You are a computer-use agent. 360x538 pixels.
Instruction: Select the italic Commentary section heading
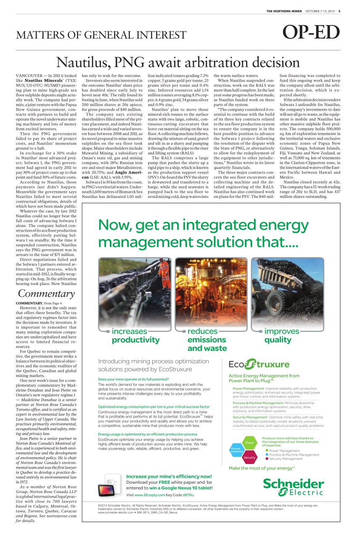point(46,293)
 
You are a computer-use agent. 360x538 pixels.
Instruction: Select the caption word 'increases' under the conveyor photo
point(130,331)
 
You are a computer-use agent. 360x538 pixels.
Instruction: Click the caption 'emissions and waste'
point(207,344)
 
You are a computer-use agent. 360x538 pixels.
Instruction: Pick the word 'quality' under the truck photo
point(278,340)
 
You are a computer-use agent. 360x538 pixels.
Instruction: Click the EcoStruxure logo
point(259,364)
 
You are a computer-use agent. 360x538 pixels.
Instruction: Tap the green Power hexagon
point(249,442)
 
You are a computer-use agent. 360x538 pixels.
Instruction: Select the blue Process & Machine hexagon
point(236,450)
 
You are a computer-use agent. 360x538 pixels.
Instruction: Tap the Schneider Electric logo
point(293,487)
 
